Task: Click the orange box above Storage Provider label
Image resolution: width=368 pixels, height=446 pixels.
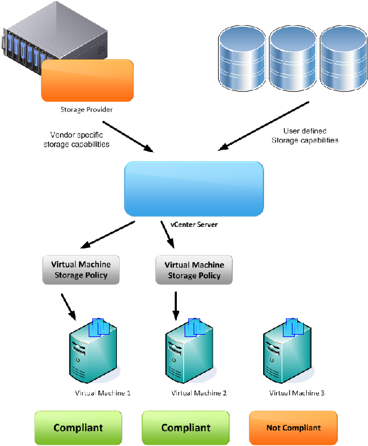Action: pyautogui.click(x=87, y=80)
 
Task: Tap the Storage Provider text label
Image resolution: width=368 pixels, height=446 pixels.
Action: pyautogui.click(x=86, y=110)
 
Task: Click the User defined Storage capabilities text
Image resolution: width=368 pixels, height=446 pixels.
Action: pyautogui.click(x=304, y=135)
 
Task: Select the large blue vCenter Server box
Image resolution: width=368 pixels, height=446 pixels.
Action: pyautogui.click(x=194, y=188)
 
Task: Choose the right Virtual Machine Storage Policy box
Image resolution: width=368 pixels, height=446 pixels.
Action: pyautogui.click(x=194, y=270)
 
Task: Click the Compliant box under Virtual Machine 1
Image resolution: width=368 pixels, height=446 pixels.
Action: pyautogui.click(x=78, y=427)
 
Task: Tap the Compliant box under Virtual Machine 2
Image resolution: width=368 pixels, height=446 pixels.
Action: pyautogui.click(x=185, y=427)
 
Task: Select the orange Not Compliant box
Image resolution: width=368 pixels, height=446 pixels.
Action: pyautogui.click(x=293, y=427)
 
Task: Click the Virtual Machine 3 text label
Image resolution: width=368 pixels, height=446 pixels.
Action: pyautogui.click(x=297, y=393)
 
